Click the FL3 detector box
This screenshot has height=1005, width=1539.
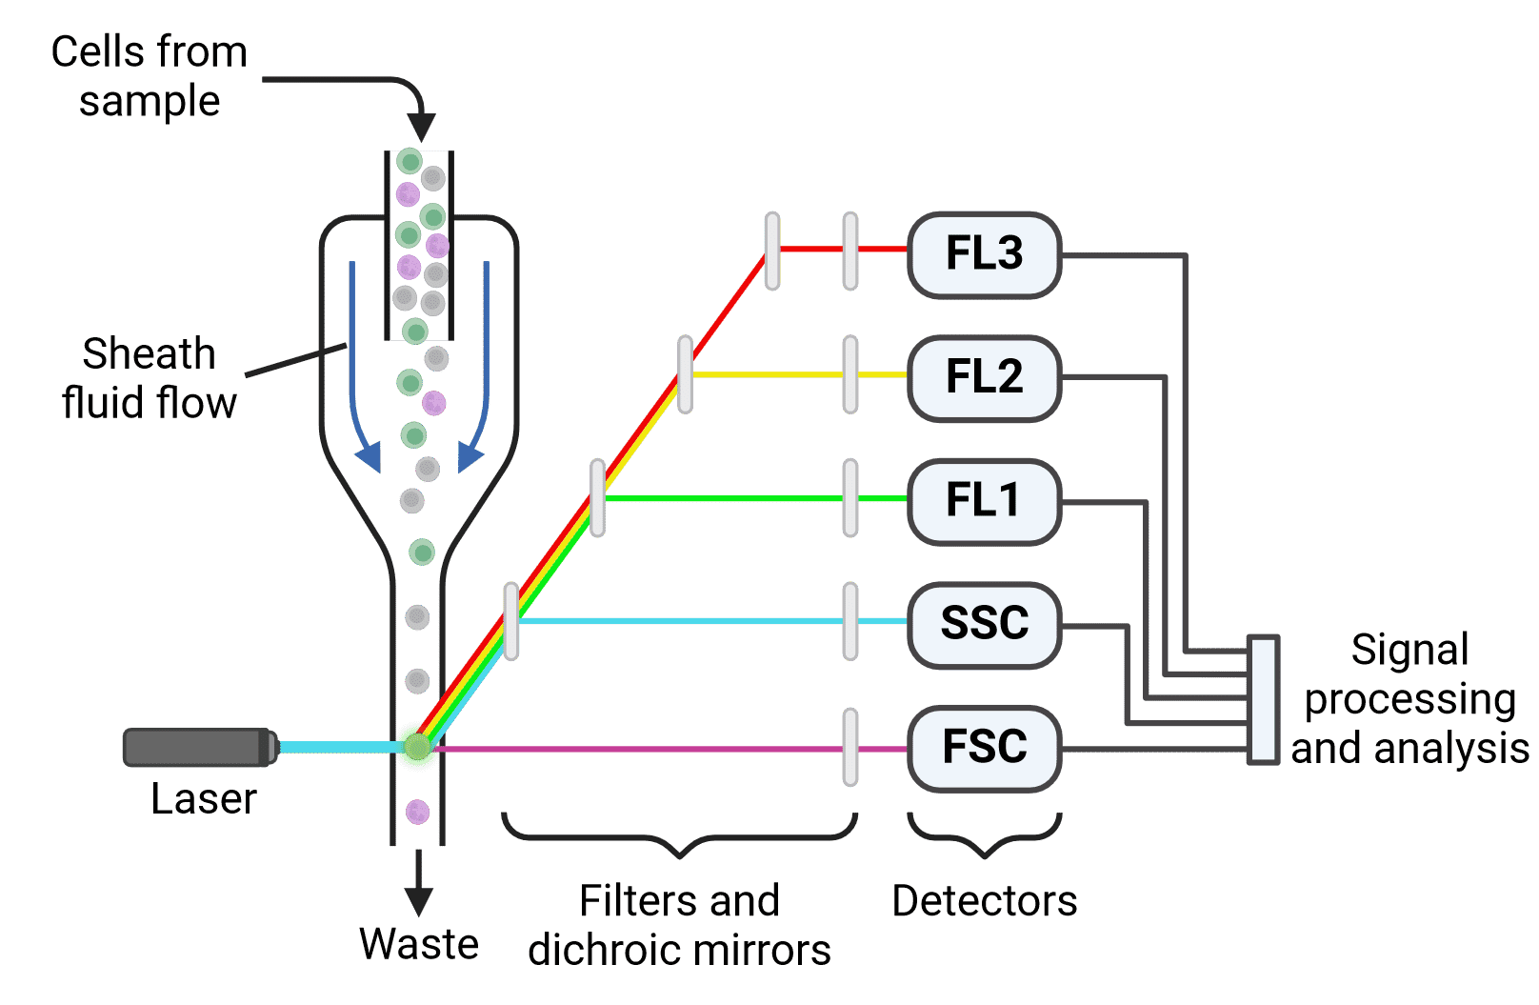coord(984,254)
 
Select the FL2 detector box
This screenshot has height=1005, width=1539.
coord(984,377)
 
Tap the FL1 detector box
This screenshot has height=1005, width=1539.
coord(984,500)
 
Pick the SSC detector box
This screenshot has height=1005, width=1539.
coord(984,624)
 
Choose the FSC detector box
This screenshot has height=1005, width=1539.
coord(984,747)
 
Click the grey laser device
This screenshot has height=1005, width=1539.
coord(199,748)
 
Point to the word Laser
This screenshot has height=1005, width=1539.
coord(204,799)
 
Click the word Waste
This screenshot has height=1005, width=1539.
coord(418,944)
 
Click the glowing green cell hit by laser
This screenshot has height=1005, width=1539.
coord(417,747)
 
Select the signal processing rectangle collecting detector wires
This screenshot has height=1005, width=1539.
coord(1263,700)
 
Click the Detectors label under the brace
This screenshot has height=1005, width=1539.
coord(984,901)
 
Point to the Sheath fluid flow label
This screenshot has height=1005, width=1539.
coord(149,378)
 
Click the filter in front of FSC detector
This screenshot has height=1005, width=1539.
coord(849,747)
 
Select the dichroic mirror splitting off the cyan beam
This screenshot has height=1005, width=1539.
coord(511,621)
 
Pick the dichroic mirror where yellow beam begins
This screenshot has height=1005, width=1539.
coord(685,374)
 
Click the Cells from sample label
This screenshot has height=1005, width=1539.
coord(149,76)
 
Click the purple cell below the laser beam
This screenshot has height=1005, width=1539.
coord(418,813)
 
